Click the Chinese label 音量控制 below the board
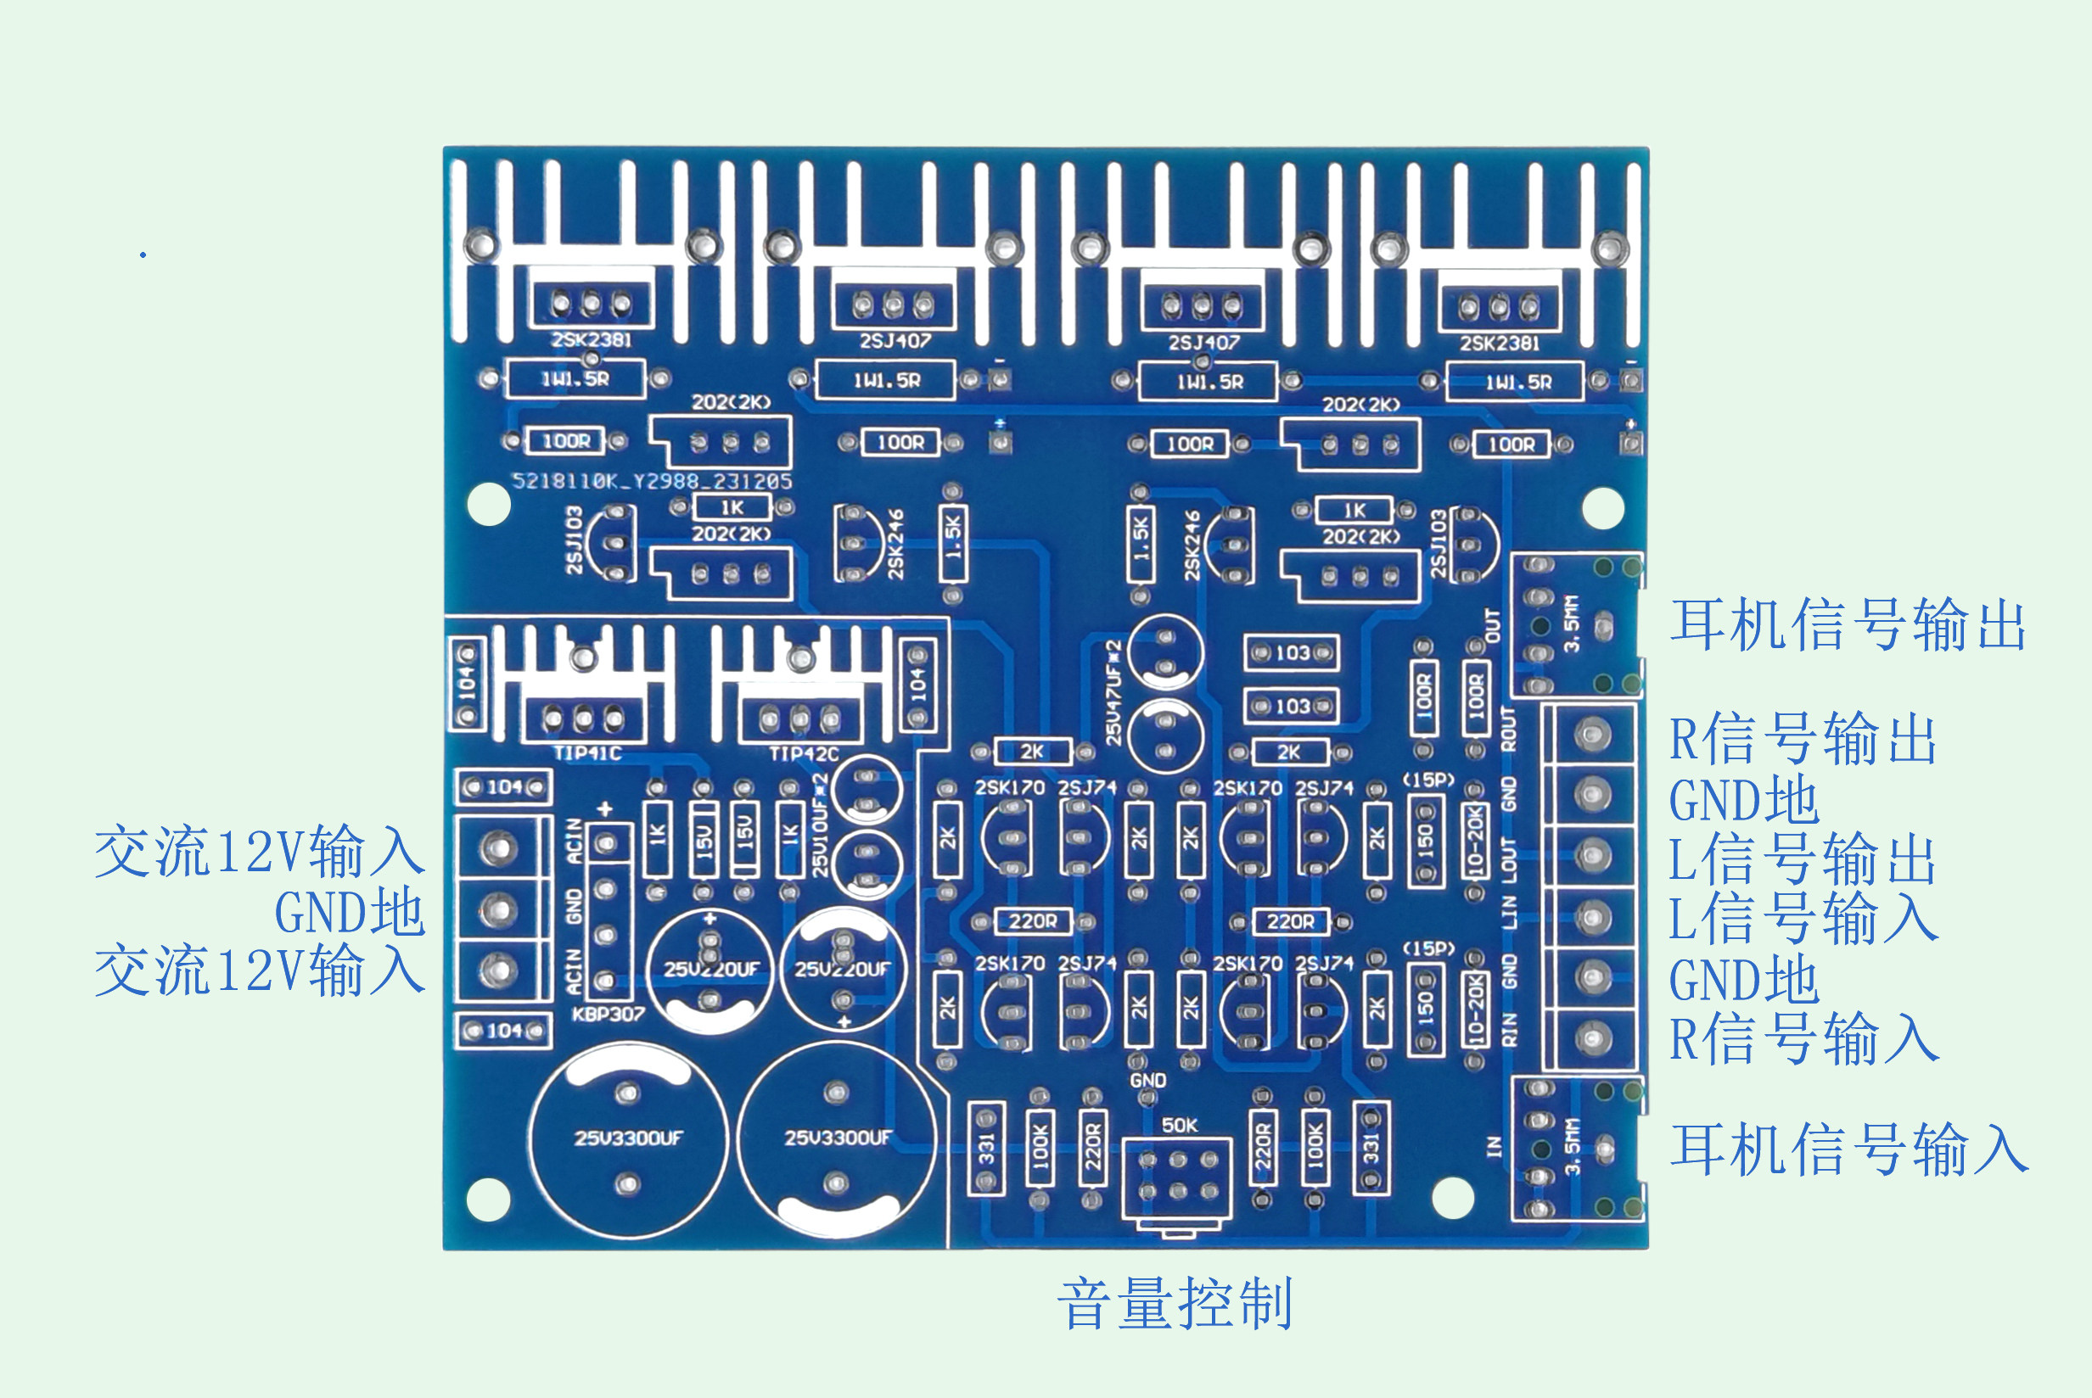1175,1305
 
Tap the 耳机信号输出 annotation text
1848,625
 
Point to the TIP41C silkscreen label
586,753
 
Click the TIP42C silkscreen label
804,754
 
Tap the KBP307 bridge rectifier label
609,1014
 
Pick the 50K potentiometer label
1179,1125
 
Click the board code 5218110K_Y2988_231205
652,482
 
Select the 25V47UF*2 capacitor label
1113,692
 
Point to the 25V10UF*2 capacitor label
821,825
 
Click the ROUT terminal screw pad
1592,735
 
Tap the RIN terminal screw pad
1592,1037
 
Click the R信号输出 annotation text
1803,739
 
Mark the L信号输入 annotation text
1803,918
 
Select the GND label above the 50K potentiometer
1147,1080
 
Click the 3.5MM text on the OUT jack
1571,624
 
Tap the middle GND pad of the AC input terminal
497,909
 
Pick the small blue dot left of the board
143,256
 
